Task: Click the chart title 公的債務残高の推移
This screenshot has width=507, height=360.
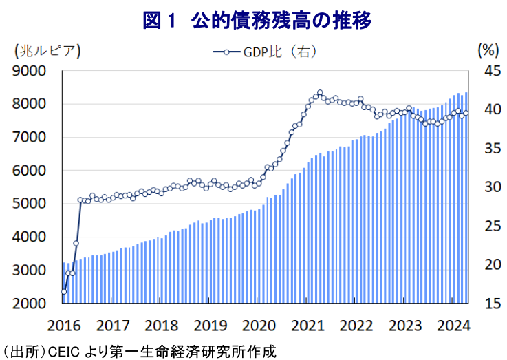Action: tap(257, 21)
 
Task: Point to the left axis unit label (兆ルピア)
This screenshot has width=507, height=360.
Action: tap(47, 50)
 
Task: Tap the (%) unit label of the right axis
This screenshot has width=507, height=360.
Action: tap(486, 50)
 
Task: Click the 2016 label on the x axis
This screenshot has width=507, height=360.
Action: tap(65, 325)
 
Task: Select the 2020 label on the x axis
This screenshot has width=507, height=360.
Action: tap(259, 325)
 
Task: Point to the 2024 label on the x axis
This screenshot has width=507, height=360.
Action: tap(454, 325)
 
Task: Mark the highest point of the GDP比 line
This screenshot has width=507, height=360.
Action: tap(320, 92)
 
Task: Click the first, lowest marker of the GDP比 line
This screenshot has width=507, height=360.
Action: tap(63, 292)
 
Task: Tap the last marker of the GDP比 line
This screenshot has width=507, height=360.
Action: tap(466, 113)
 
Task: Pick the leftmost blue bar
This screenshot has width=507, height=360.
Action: tap(64, 283)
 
